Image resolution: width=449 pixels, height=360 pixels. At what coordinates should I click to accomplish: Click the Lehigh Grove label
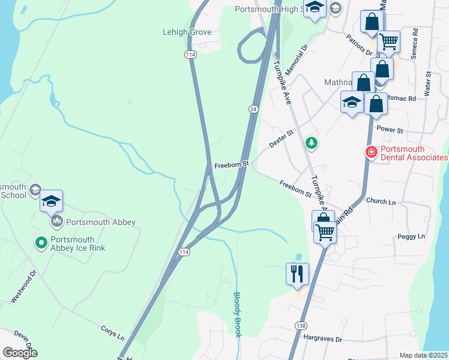(187, 32)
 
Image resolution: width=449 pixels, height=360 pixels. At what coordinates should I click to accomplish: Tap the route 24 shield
(254, 109)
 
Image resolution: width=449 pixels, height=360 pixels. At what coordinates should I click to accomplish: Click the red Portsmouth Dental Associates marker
(372, 152)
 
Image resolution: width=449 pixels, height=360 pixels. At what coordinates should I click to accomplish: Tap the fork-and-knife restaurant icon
(297, 274)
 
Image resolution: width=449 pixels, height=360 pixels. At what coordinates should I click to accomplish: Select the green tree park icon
(311, 142)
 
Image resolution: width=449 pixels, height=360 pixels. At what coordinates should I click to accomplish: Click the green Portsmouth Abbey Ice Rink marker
(41, 242)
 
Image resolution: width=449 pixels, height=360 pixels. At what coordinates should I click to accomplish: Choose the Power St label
(388, 129)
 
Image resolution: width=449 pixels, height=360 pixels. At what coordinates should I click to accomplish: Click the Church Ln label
(381, 202)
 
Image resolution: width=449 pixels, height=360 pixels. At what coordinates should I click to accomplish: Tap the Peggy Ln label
(411, 236)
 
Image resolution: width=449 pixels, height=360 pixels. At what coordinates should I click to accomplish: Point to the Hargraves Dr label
(322, 339)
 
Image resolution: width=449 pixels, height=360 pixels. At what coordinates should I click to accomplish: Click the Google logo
(20, 353)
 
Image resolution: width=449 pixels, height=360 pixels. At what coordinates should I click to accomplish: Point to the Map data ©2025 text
(423, 355)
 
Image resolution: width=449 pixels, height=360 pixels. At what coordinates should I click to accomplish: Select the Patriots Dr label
(360, 44)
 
